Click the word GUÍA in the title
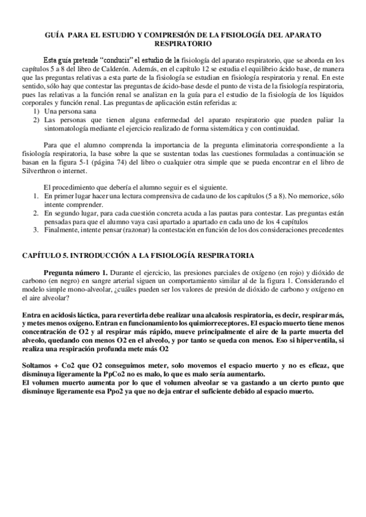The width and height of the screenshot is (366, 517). (55, 36)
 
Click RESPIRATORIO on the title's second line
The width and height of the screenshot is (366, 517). (183, 45)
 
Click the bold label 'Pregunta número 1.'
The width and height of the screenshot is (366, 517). (78, 272)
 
